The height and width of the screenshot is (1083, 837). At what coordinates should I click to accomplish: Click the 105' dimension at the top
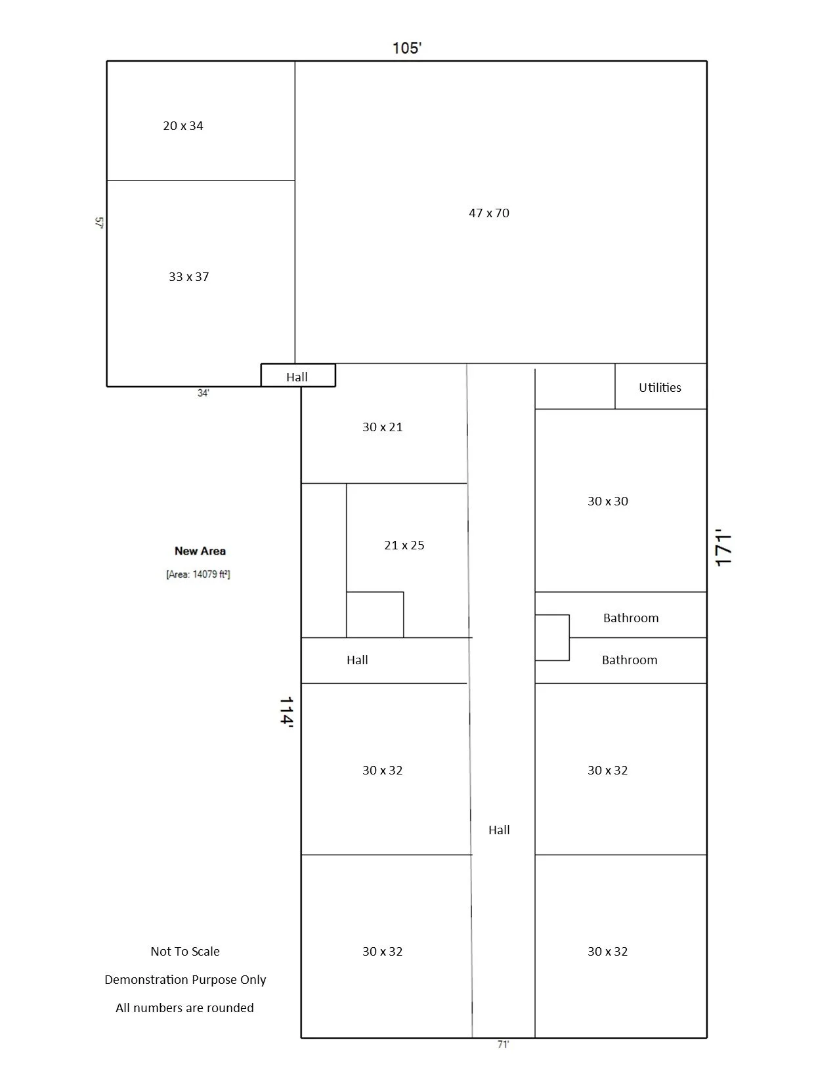407,48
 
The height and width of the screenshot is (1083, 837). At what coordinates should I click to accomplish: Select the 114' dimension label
286,711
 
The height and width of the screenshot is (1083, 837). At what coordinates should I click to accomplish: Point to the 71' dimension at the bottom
503,1045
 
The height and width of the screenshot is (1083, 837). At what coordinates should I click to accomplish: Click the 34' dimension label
204,393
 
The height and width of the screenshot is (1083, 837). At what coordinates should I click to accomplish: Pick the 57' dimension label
99,223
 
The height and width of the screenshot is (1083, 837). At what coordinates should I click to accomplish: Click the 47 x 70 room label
489,213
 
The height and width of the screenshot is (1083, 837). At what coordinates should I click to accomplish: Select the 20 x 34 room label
183,126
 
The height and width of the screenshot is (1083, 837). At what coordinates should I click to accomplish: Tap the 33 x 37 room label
189,277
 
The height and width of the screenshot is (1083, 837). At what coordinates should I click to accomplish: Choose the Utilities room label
660,387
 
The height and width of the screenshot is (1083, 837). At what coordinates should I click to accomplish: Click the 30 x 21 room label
383,427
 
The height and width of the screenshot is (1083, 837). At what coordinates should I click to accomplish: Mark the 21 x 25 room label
404,545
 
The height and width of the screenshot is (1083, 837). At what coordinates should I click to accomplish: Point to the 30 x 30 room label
608,501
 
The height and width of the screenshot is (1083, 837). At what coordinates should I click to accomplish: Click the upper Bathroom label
631,618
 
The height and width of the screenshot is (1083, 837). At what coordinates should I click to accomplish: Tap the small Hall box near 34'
297,377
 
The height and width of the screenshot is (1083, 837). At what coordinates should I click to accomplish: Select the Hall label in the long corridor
499,830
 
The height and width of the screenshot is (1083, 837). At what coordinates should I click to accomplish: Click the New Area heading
200,551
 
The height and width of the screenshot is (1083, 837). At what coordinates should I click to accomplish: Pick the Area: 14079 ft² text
198,574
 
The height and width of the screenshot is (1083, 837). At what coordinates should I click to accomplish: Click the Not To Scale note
185,952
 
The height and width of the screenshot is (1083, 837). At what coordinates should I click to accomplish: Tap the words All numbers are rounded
184,1008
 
